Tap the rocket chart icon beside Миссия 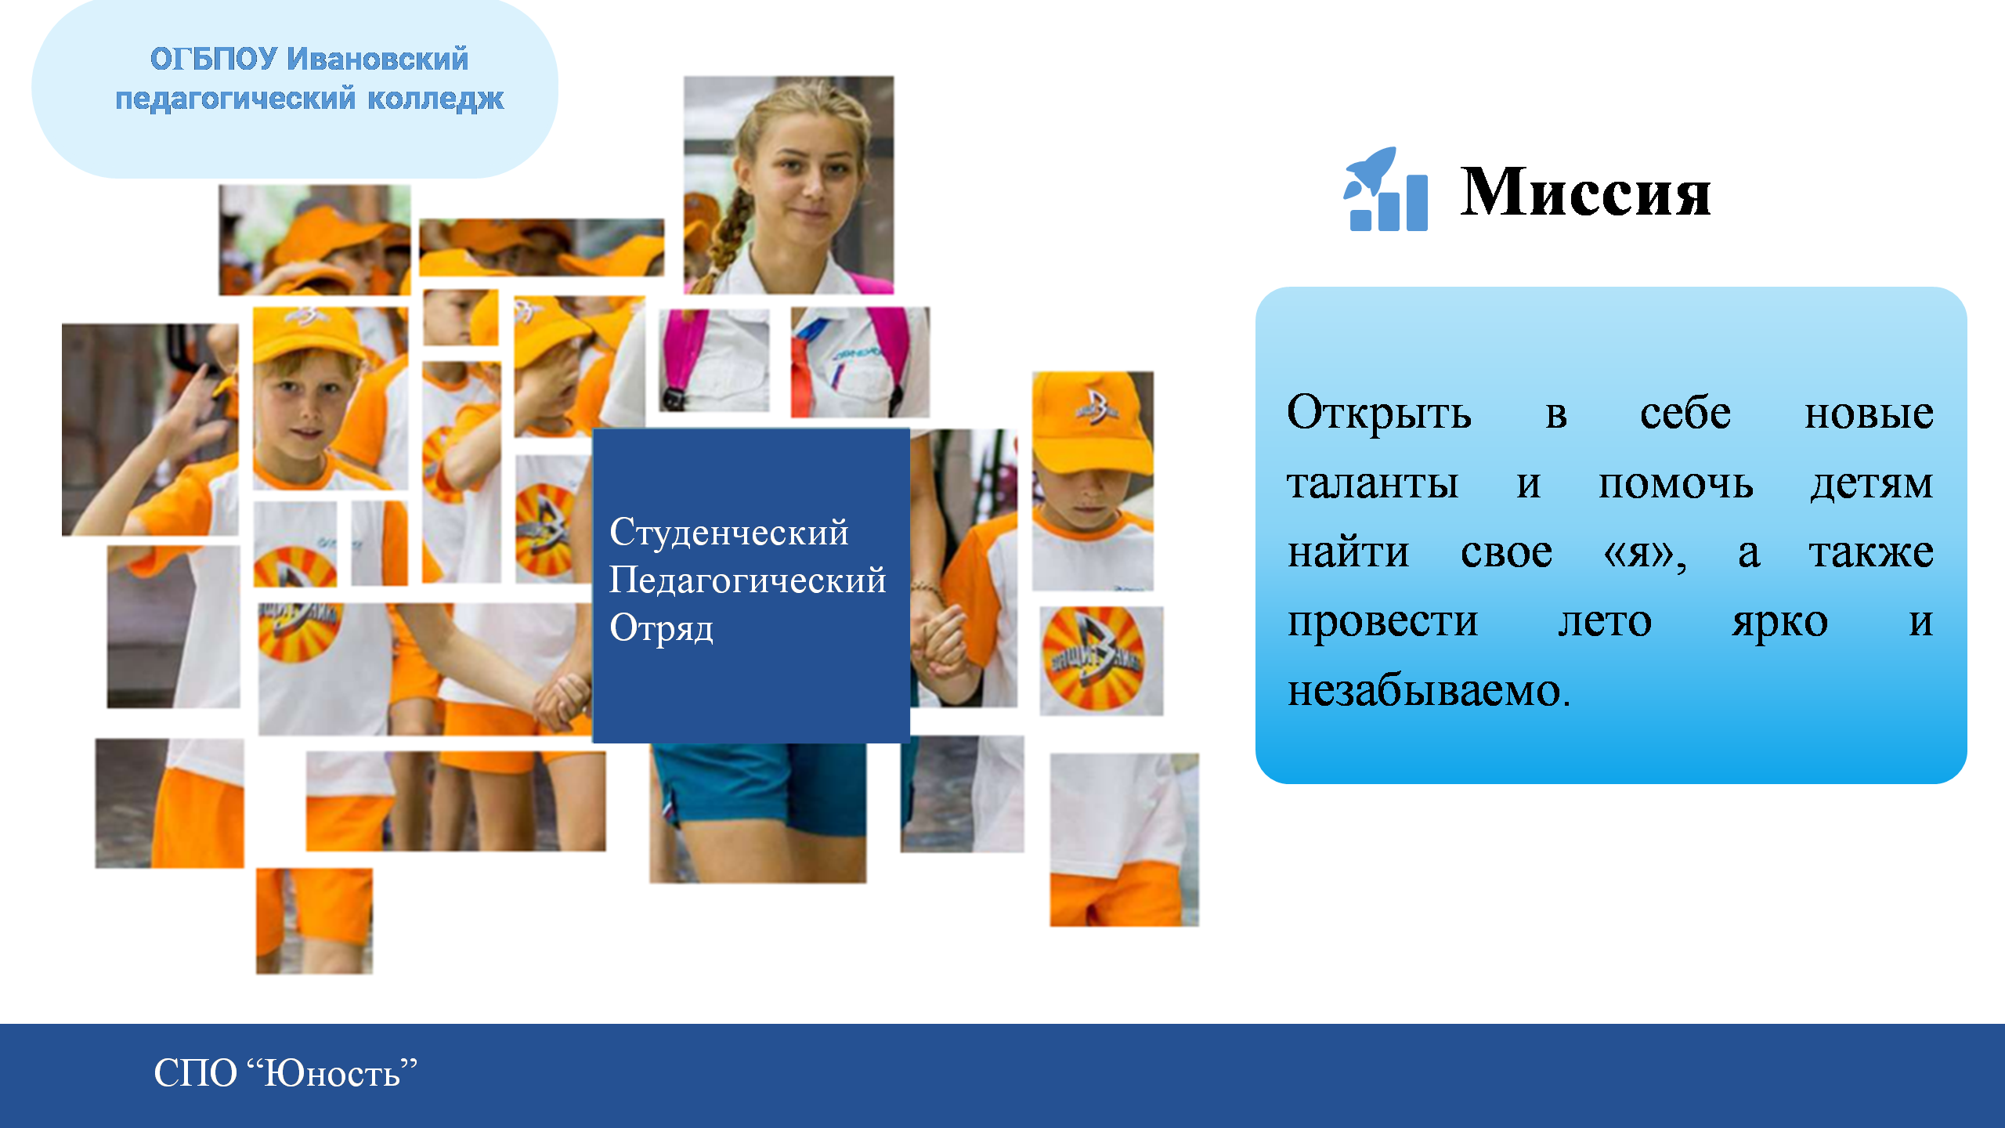click(x=1385, y=189)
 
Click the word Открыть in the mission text click(x=1378, y=413)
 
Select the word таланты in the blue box click(x=1372, y=483)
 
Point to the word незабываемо click(x=1429, y=691)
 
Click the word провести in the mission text click(x=1382, y=623)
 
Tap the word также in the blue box click(x=1871, y=552)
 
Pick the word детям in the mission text click(x=1872, y=484)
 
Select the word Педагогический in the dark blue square click(x=747, y=580)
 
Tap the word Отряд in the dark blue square click(x=661, y=628)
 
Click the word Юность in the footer click(x=332, y=1073)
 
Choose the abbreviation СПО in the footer click(x=195, y=1073)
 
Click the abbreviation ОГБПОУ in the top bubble click(x=213, y=60)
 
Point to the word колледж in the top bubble click(x=435, y=99)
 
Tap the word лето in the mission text click(x=1605, y=622)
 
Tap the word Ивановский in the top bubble click(x=378, y=60)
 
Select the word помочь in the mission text click(x=1675, y=484)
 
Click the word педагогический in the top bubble click(x=236, y=99)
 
